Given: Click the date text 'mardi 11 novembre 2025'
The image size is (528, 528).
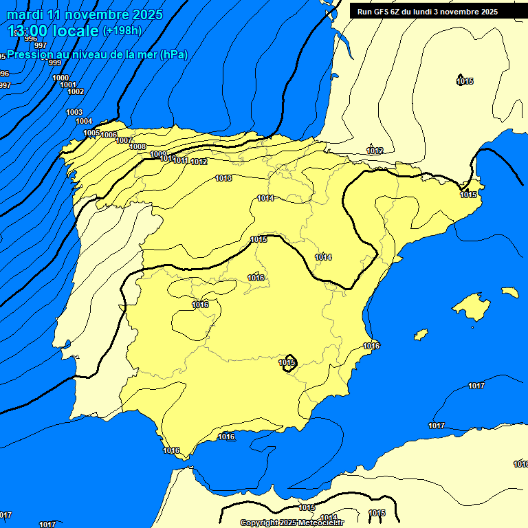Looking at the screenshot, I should click(85, 14).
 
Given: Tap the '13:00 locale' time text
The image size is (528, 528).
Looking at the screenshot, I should click(53, 31).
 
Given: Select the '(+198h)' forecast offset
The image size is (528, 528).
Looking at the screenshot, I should click(122, 31).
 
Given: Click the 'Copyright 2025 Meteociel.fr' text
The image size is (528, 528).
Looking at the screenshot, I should click(291, 522).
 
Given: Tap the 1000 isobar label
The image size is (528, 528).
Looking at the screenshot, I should click(60, 78).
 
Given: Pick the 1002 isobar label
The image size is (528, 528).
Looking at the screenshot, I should click(76, 91).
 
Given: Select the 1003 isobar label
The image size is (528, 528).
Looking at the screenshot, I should click(74, 112).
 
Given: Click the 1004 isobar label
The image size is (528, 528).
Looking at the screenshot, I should click(84, 121).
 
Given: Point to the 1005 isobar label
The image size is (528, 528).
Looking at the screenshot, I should click(91, 133).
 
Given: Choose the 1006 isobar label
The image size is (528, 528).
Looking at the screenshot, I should click(109, 135).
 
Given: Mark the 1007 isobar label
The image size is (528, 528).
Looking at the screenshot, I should click(124, 140).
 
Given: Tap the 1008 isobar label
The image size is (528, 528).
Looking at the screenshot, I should click(137, 146).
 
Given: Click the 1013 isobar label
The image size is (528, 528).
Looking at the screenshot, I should click(223, 178).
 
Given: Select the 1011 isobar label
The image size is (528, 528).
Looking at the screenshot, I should click(181, 160).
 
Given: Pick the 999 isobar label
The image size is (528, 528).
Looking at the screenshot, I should click(55, 63).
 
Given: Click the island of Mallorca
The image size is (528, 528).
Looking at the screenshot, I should click(472, 306).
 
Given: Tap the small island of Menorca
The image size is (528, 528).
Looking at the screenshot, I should click(509, 292).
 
